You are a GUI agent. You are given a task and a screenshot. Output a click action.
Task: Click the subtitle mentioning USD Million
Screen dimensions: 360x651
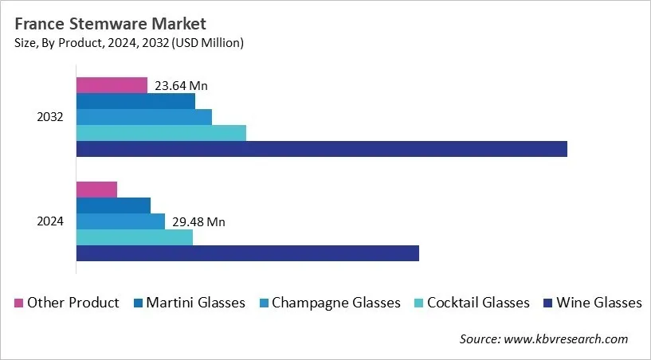pyautogui.click(x=129, y=43)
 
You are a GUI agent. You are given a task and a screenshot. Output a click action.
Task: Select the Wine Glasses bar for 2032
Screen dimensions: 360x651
pyautogui.click(x=321, y=149)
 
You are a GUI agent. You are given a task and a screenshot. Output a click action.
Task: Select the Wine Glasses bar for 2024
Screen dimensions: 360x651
pyautogui.click(x=247, y=253)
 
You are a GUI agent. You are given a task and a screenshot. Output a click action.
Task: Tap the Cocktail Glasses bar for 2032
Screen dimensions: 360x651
pyautogui.click(x=161, y=133)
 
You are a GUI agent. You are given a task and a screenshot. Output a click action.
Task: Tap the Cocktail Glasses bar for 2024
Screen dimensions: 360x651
pyautogui.click(x=134, y=237)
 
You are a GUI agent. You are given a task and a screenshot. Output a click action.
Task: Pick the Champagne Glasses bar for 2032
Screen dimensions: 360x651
pyautogui.click(x=143, y=117)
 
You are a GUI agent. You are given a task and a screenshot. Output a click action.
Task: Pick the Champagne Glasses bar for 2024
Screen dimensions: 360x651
pyautogui.click(x=120, y=221)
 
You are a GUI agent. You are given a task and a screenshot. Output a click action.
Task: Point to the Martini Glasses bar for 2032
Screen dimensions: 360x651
pyautogui.click(x=135, y=101)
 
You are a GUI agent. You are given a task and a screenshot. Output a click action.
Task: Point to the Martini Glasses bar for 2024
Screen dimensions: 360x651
pyautogui.click(x=113, y=205)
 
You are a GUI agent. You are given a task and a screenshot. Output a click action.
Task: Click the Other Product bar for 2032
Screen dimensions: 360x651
pyautogui.click(x=112, y=85)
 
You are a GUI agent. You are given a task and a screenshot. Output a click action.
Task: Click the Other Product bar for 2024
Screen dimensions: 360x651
pyautogui.click(x=96, y=190)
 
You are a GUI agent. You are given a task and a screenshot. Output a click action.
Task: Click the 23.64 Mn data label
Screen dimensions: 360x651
pyautogui.click(x=182, y=86)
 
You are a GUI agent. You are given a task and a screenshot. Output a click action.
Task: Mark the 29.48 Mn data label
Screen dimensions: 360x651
pyautogui.click(x=198, y=222)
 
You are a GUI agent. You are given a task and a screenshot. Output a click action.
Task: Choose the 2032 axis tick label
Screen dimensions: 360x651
pyautogui.click(x=51, y=117)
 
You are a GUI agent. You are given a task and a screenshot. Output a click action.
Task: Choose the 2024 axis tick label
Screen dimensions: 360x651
pyautogui.click(x=51, y=221)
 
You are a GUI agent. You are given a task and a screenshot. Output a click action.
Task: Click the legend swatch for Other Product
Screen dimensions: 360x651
pyautogui.click(x=18, y=303)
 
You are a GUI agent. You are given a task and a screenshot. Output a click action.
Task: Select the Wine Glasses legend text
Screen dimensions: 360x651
pyautogui.click(x=598, y=303)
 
